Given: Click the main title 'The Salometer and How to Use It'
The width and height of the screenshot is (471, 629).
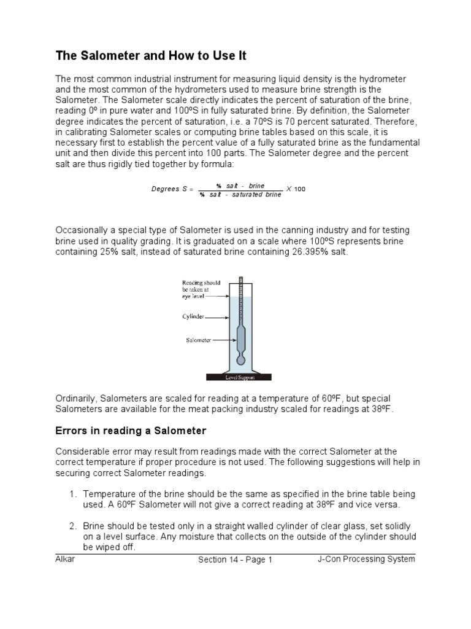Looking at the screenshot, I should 151,56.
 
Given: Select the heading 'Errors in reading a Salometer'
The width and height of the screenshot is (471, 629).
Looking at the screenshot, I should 131,430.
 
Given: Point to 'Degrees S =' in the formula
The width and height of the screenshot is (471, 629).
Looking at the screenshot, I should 172,189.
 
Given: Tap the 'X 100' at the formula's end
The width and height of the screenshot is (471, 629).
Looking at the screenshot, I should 296,189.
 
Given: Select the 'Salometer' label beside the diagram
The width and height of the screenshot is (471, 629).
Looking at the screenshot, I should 198,339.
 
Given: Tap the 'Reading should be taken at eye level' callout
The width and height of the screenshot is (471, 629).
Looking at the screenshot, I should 201,289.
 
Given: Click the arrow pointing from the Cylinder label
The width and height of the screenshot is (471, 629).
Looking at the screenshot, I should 217,318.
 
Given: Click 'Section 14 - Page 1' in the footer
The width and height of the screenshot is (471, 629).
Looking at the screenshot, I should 235,560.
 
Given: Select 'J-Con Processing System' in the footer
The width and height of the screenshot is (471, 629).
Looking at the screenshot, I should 366,559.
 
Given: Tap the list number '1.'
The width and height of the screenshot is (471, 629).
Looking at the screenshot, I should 72,494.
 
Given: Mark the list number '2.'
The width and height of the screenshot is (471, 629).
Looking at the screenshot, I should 72,526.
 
